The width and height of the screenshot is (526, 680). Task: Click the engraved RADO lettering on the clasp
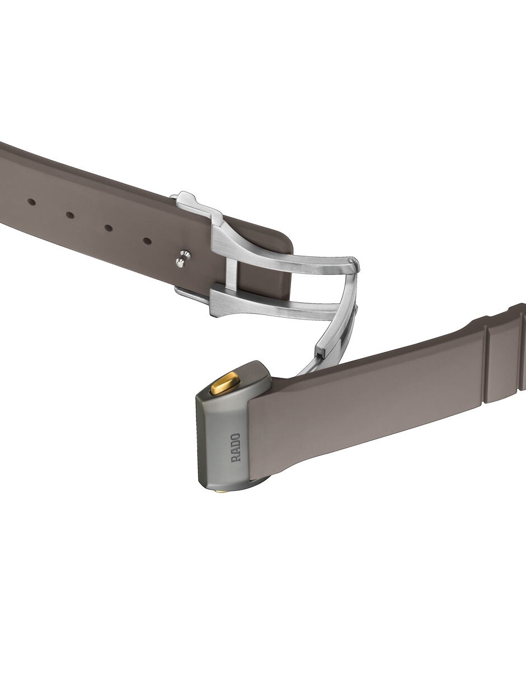236,448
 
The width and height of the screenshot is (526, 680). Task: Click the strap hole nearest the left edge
31,202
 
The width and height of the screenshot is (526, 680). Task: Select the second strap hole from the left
70,215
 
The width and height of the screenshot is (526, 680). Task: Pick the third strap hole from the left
109,228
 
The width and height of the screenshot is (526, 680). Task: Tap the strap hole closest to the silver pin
147,241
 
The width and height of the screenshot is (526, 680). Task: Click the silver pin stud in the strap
182,257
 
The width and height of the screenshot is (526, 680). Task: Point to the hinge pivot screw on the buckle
352,260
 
